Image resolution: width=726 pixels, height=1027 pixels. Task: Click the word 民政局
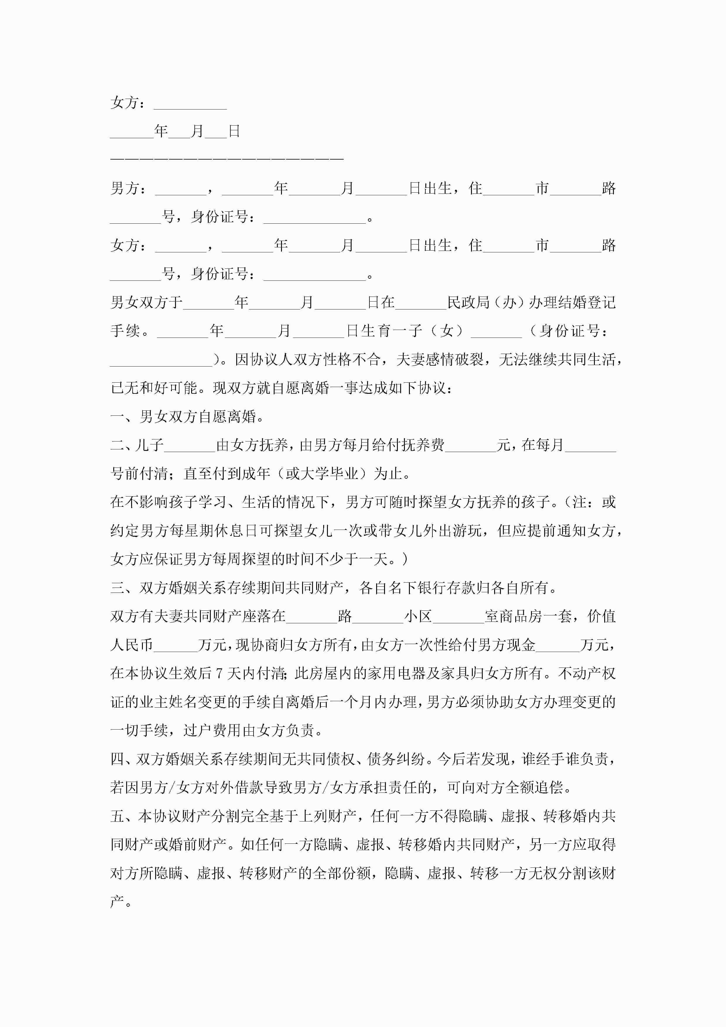[x=469, y=303]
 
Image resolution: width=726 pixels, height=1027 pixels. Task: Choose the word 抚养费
[x=423, y=445]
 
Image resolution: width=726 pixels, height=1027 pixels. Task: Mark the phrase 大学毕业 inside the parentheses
[x=322, y=474]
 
